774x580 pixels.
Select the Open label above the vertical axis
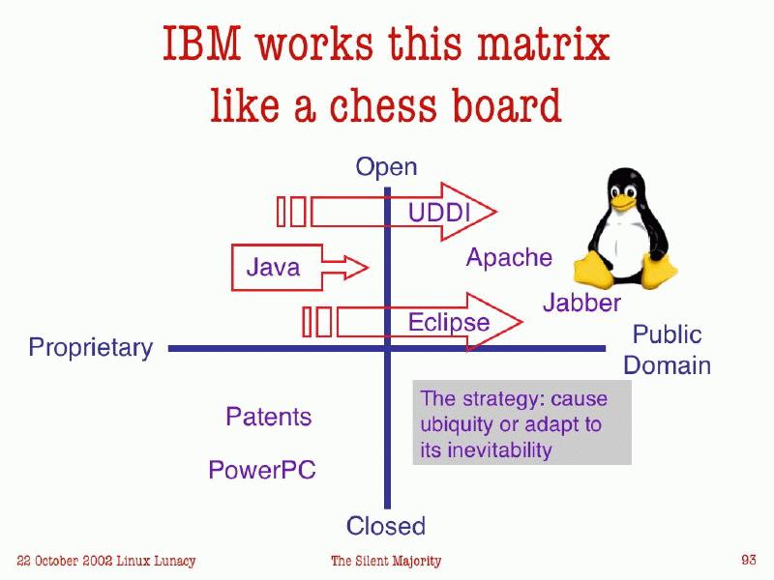point(386,167)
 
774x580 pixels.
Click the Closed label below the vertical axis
point(386,526)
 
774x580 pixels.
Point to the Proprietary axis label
point(91,347)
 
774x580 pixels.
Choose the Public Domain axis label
point(667,350)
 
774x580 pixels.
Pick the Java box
point(274,267)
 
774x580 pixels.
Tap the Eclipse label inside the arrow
point(449,321)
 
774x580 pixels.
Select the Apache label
point(509,257)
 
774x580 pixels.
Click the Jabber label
point(581,303)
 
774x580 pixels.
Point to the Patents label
point(268,417)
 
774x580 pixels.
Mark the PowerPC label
point(262,471)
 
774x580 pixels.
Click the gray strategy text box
point(521,423)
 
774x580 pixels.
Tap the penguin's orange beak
point(621,205)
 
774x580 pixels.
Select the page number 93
point(748,560)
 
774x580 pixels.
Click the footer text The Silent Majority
point(386,561)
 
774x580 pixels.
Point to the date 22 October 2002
point(67,561)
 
